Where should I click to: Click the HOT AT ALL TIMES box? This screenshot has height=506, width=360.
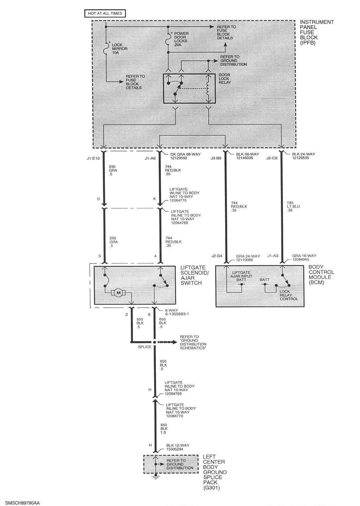(105, 13)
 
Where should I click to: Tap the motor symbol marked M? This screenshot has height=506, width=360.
(118, 293)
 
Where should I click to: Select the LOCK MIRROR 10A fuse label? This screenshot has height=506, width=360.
(120, 49)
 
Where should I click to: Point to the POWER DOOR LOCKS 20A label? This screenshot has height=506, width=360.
(181, 39)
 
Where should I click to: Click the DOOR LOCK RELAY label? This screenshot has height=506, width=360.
(224, 78)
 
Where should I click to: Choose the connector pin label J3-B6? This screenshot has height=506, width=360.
(216, 158)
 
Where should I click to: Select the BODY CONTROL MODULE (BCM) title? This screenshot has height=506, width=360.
(321, 275)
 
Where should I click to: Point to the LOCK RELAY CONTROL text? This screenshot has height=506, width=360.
(289, 295)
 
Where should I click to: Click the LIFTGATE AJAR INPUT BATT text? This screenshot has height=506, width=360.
(241, 276)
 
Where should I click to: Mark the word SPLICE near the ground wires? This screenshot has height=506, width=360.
(144, 347)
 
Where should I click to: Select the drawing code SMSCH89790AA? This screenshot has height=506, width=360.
(20, 503)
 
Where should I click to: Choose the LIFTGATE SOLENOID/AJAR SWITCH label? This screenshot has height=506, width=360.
(195, 275)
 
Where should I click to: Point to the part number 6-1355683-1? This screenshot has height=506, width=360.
(177, 314)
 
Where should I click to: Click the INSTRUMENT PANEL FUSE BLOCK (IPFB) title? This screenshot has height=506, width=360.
(317, 32)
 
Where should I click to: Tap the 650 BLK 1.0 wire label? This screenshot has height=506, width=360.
(164, 429)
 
